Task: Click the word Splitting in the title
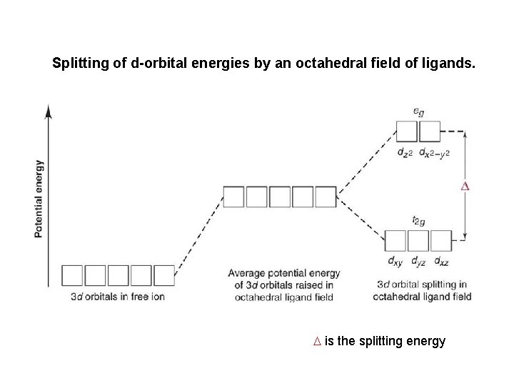point(78,63)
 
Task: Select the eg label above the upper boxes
point(418,112)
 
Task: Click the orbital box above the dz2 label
point(406,132)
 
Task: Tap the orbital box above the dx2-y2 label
point(429,132)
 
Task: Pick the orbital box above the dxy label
point(395,240)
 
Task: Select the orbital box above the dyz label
point(418,240)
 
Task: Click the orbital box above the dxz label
point(441,240)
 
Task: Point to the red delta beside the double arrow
point(465,187)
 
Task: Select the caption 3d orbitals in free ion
point(118,296)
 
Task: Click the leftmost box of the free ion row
point(73,275)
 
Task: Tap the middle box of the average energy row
point(280,197)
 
